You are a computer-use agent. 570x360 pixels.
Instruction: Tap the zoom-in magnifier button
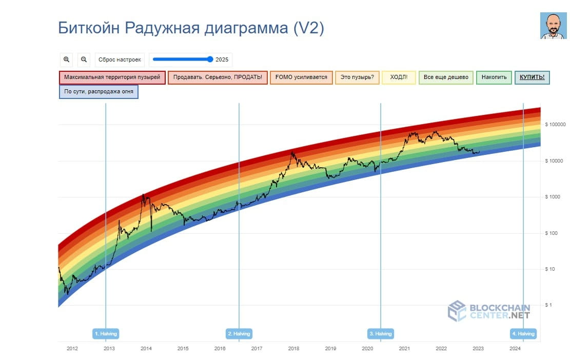coord(66,59)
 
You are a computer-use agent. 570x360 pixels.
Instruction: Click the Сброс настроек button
coord(120,59)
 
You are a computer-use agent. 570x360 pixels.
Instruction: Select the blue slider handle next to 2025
coord(210,59)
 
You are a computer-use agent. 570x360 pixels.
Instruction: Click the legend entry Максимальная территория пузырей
coord(112,77)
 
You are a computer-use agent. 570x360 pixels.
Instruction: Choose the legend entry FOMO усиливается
coord(301,77)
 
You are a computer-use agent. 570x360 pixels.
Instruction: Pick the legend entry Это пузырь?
coord(357,77)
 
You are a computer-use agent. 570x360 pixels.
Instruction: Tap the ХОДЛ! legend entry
coord(399,77)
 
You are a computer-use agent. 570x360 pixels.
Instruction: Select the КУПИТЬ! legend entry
coord(532,77)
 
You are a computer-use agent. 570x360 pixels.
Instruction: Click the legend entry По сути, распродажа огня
coord(99,92)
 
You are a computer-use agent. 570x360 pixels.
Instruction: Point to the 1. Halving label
coord(106,333)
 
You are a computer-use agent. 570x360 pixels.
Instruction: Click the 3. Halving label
coord(381,333)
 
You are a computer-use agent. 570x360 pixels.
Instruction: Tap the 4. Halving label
coord(523,333)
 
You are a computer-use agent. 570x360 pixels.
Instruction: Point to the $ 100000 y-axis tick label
coord(555,125)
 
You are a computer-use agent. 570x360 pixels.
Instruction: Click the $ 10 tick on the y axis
coord(551,269)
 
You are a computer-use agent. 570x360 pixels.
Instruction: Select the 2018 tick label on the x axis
coord(293,349)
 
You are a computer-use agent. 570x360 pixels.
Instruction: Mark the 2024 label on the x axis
coord(515,349)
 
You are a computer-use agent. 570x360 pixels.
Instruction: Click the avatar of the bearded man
coord(553,26)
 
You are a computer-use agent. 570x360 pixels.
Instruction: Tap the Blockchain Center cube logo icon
coord(457,311)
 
